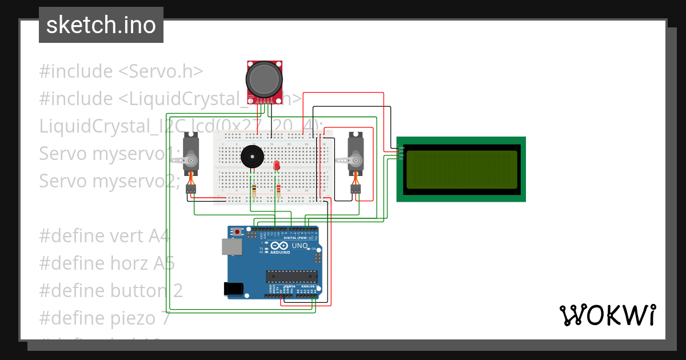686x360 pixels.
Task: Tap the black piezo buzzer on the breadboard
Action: coord(252,157)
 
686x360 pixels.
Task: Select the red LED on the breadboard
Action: coord(277,165)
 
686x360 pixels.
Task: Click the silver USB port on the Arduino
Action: coord(231,246)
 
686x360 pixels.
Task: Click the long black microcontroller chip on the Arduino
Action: coord(291,277)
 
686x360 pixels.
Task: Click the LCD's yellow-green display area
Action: coord(461,169)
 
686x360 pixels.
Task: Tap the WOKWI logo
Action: coord(607,315)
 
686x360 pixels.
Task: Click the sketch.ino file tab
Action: coord(101,25)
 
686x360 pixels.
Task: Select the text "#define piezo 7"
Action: coord(105,318)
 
